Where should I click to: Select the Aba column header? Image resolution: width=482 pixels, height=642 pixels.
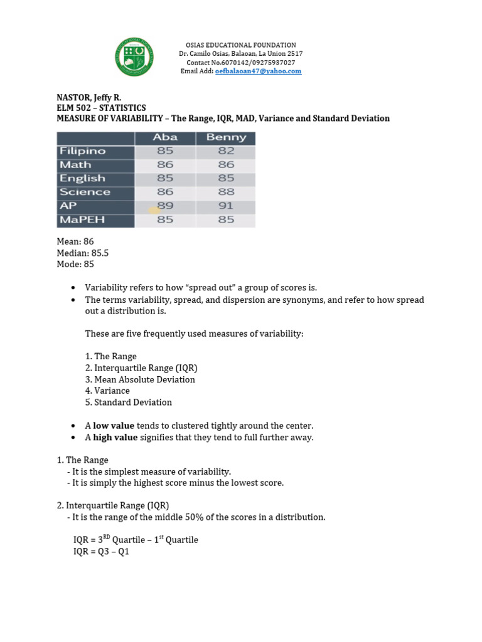coord(165,137)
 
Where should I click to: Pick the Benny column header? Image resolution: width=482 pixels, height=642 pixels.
coord(226,137)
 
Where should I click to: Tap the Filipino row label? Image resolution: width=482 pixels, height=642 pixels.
coord(83,151)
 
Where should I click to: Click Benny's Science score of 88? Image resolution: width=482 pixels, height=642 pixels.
coord(226,192)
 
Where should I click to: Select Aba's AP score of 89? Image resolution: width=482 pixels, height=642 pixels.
coord(165,206)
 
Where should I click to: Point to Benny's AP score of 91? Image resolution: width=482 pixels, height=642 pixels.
coord(226,206)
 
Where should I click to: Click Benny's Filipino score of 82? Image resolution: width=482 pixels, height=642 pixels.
coord(226,151)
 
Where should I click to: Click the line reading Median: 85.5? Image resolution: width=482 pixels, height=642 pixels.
coord(83,253)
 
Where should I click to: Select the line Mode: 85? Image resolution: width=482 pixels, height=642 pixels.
coord(75,264)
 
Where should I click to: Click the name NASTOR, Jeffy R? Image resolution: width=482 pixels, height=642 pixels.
coord(89,98)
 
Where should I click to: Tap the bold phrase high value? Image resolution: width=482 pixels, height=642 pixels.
coord(115,438)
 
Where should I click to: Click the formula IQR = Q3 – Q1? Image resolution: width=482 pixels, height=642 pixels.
coord(101,552)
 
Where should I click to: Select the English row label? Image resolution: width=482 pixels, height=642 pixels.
coord(82,179)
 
